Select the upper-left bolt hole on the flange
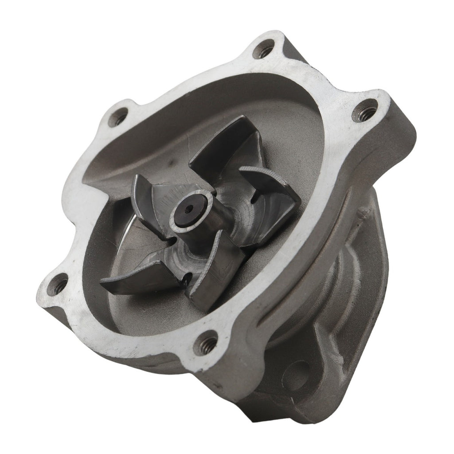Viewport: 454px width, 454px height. (117, 117)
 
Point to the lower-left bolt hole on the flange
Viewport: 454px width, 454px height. (59, 283)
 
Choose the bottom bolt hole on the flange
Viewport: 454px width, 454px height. (206, 343)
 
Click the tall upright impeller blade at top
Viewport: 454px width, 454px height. (222, 146)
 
